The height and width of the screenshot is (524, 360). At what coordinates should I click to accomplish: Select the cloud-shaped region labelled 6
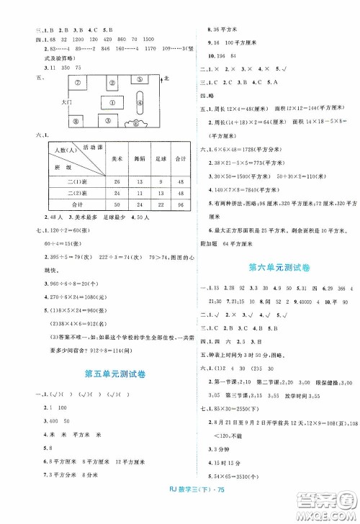(137, 123)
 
